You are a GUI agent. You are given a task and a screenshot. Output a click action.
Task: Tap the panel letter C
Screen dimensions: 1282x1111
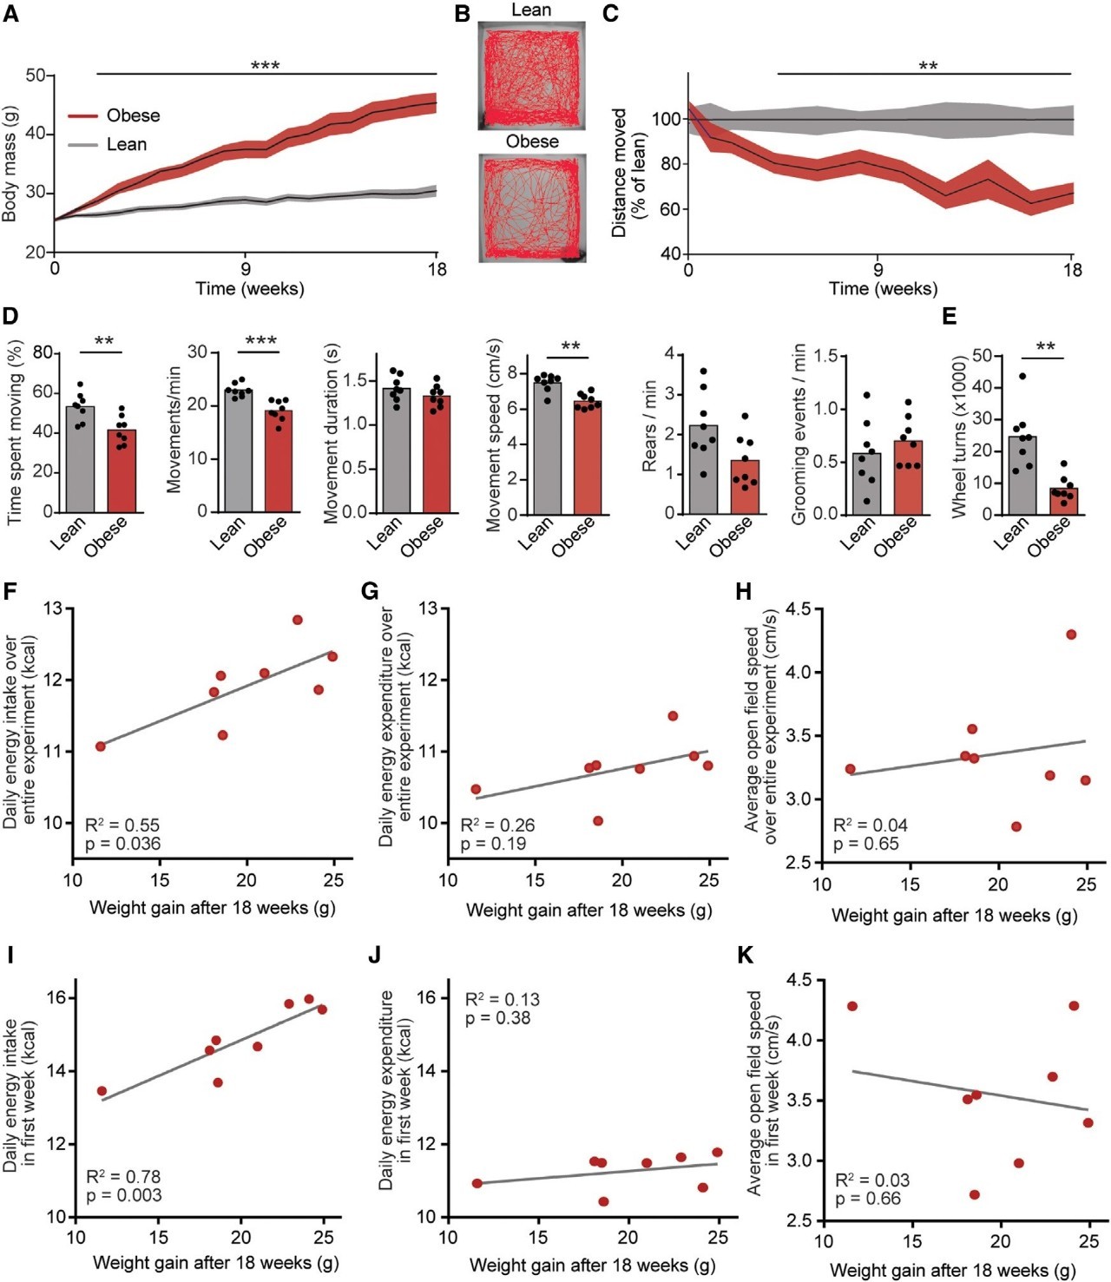point(610,14)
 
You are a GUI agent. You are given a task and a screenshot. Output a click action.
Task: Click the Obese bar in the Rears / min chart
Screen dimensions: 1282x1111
point(745,487)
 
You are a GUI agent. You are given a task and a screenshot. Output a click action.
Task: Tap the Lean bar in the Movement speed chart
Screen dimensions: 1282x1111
point(547,448)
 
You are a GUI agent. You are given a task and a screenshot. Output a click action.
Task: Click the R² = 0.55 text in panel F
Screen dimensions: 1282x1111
point(122,825)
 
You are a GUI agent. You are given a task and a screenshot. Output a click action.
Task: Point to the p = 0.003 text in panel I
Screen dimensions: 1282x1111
point(123,1195)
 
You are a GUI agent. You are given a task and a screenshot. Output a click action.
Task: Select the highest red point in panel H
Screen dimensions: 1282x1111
point(1070,634)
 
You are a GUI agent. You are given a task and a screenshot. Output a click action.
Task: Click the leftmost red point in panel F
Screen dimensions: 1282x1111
point(101,746)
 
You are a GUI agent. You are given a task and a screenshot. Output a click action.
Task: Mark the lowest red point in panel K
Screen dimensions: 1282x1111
point(974,1194)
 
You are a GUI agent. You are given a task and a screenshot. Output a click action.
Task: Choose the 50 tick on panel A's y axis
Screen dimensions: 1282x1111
point(35,76)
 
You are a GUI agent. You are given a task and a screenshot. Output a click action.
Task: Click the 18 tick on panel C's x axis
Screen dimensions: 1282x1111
point(1072,270)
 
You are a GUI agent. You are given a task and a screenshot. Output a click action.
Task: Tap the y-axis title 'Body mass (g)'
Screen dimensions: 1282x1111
point(10,164)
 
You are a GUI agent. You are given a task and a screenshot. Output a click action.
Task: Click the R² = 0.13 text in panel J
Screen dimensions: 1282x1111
point(502,999)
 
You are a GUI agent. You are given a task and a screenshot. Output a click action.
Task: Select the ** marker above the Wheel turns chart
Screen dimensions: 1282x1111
point(1045,347)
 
